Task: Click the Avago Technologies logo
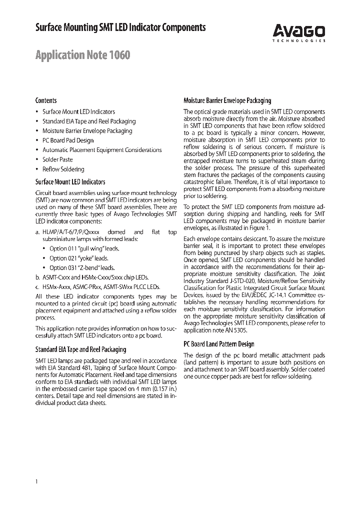click(299, 32)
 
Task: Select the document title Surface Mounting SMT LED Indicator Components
click(120, 28)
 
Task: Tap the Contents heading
click(46, 100)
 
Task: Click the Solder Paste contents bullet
click(57, 159)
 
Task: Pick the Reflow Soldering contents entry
click(63, 169)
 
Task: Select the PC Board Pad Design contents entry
click(68, 140)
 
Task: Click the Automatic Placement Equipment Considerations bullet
click(102, 150)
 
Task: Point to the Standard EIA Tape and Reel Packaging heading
click(80, 349)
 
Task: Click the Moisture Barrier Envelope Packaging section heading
click(227, 100)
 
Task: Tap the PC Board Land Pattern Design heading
click(219, 344)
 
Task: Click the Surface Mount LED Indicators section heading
click(70, 182)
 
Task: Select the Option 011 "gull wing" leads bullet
click(84, 248)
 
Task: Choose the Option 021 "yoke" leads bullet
click(78, 258)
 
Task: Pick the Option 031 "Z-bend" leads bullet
click(82, 267)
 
